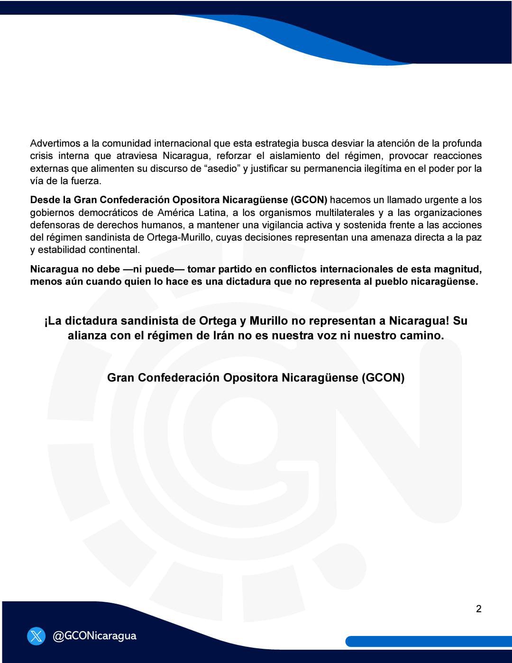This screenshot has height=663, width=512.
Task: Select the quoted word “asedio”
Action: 224,168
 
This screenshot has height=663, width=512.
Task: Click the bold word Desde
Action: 44,200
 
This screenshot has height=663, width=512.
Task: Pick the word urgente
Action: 430,200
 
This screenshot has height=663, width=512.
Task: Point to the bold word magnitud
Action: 458,269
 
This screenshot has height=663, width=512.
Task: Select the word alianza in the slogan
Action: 89,336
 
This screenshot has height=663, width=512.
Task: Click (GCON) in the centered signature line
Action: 383,378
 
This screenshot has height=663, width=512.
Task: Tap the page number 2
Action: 478,609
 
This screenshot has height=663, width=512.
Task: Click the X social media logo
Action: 37,636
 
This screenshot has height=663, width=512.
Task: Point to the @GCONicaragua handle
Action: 94,636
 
